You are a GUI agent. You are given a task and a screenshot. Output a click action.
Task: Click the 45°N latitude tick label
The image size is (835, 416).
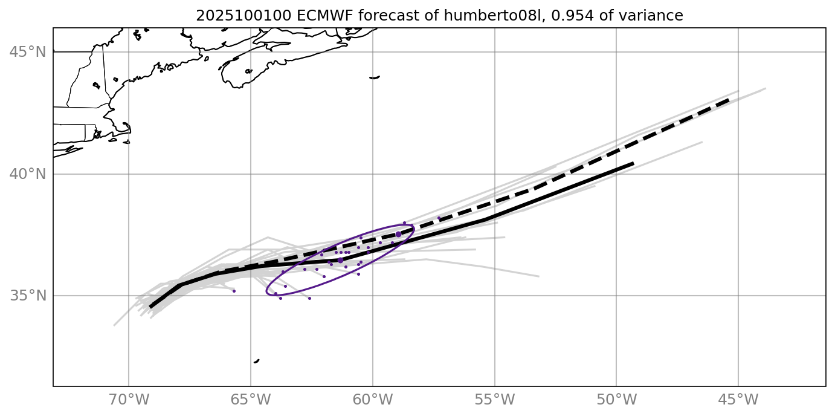coord(28,52)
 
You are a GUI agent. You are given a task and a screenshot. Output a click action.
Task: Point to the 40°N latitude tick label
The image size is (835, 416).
coord(28,174)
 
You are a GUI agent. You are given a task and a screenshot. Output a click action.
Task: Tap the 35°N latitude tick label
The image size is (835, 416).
coord(28,296)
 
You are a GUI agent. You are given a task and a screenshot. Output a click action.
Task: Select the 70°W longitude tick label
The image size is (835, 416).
coord(129,400)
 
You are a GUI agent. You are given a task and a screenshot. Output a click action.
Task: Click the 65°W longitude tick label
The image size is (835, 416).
coord(251,400)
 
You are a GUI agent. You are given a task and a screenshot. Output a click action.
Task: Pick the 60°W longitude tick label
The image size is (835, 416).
coord(373,400)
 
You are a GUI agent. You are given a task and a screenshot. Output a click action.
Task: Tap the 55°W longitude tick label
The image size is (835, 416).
coord(495,400)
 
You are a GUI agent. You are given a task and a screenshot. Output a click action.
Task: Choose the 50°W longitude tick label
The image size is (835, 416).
coord(616,400)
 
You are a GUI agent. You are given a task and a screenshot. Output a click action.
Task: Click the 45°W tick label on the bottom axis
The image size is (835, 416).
coord(738,400)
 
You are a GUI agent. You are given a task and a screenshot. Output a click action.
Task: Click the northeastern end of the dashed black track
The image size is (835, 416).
coord(729,99)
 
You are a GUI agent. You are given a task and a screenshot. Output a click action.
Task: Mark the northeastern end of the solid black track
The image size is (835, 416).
coord(633,163)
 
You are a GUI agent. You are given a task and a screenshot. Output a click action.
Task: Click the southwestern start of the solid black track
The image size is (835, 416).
coord(150,307)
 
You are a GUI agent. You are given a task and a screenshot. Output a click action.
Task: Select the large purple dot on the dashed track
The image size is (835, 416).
coord(398,234)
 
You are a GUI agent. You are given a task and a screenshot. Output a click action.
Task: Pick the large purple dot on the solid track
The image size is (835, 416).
coord(340,260)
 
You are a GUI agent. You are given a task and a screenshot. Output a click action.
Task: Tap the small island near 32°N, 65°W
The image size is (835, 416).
coord(256,361)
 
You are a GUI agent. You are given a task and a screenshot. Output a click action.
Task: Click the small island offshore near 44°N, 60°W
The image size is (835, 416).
coord(375,77)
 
